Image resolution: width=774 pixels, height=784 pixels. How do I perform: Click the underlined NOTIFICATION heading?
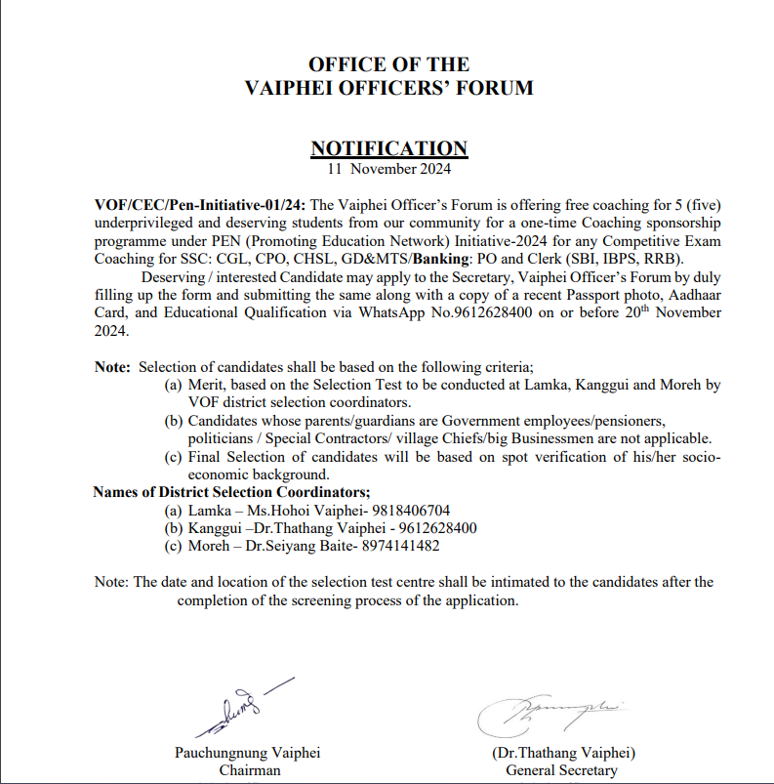388,148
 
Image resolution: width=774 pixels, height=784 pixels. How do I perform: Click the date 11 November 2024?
388,168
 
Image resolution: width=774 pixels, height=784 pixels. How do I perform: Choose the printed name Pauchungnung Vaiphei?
247,753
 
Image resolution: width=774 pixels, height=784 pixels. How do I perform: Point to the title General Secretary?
561,770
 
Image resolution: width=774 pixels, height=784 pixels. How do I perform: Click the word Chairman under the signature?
250,770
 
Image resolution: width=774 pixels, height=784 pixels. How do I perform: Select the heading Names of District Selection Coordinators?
231,491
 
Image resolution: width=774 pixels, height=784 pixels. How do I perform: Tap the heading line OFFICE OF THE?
388,64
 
